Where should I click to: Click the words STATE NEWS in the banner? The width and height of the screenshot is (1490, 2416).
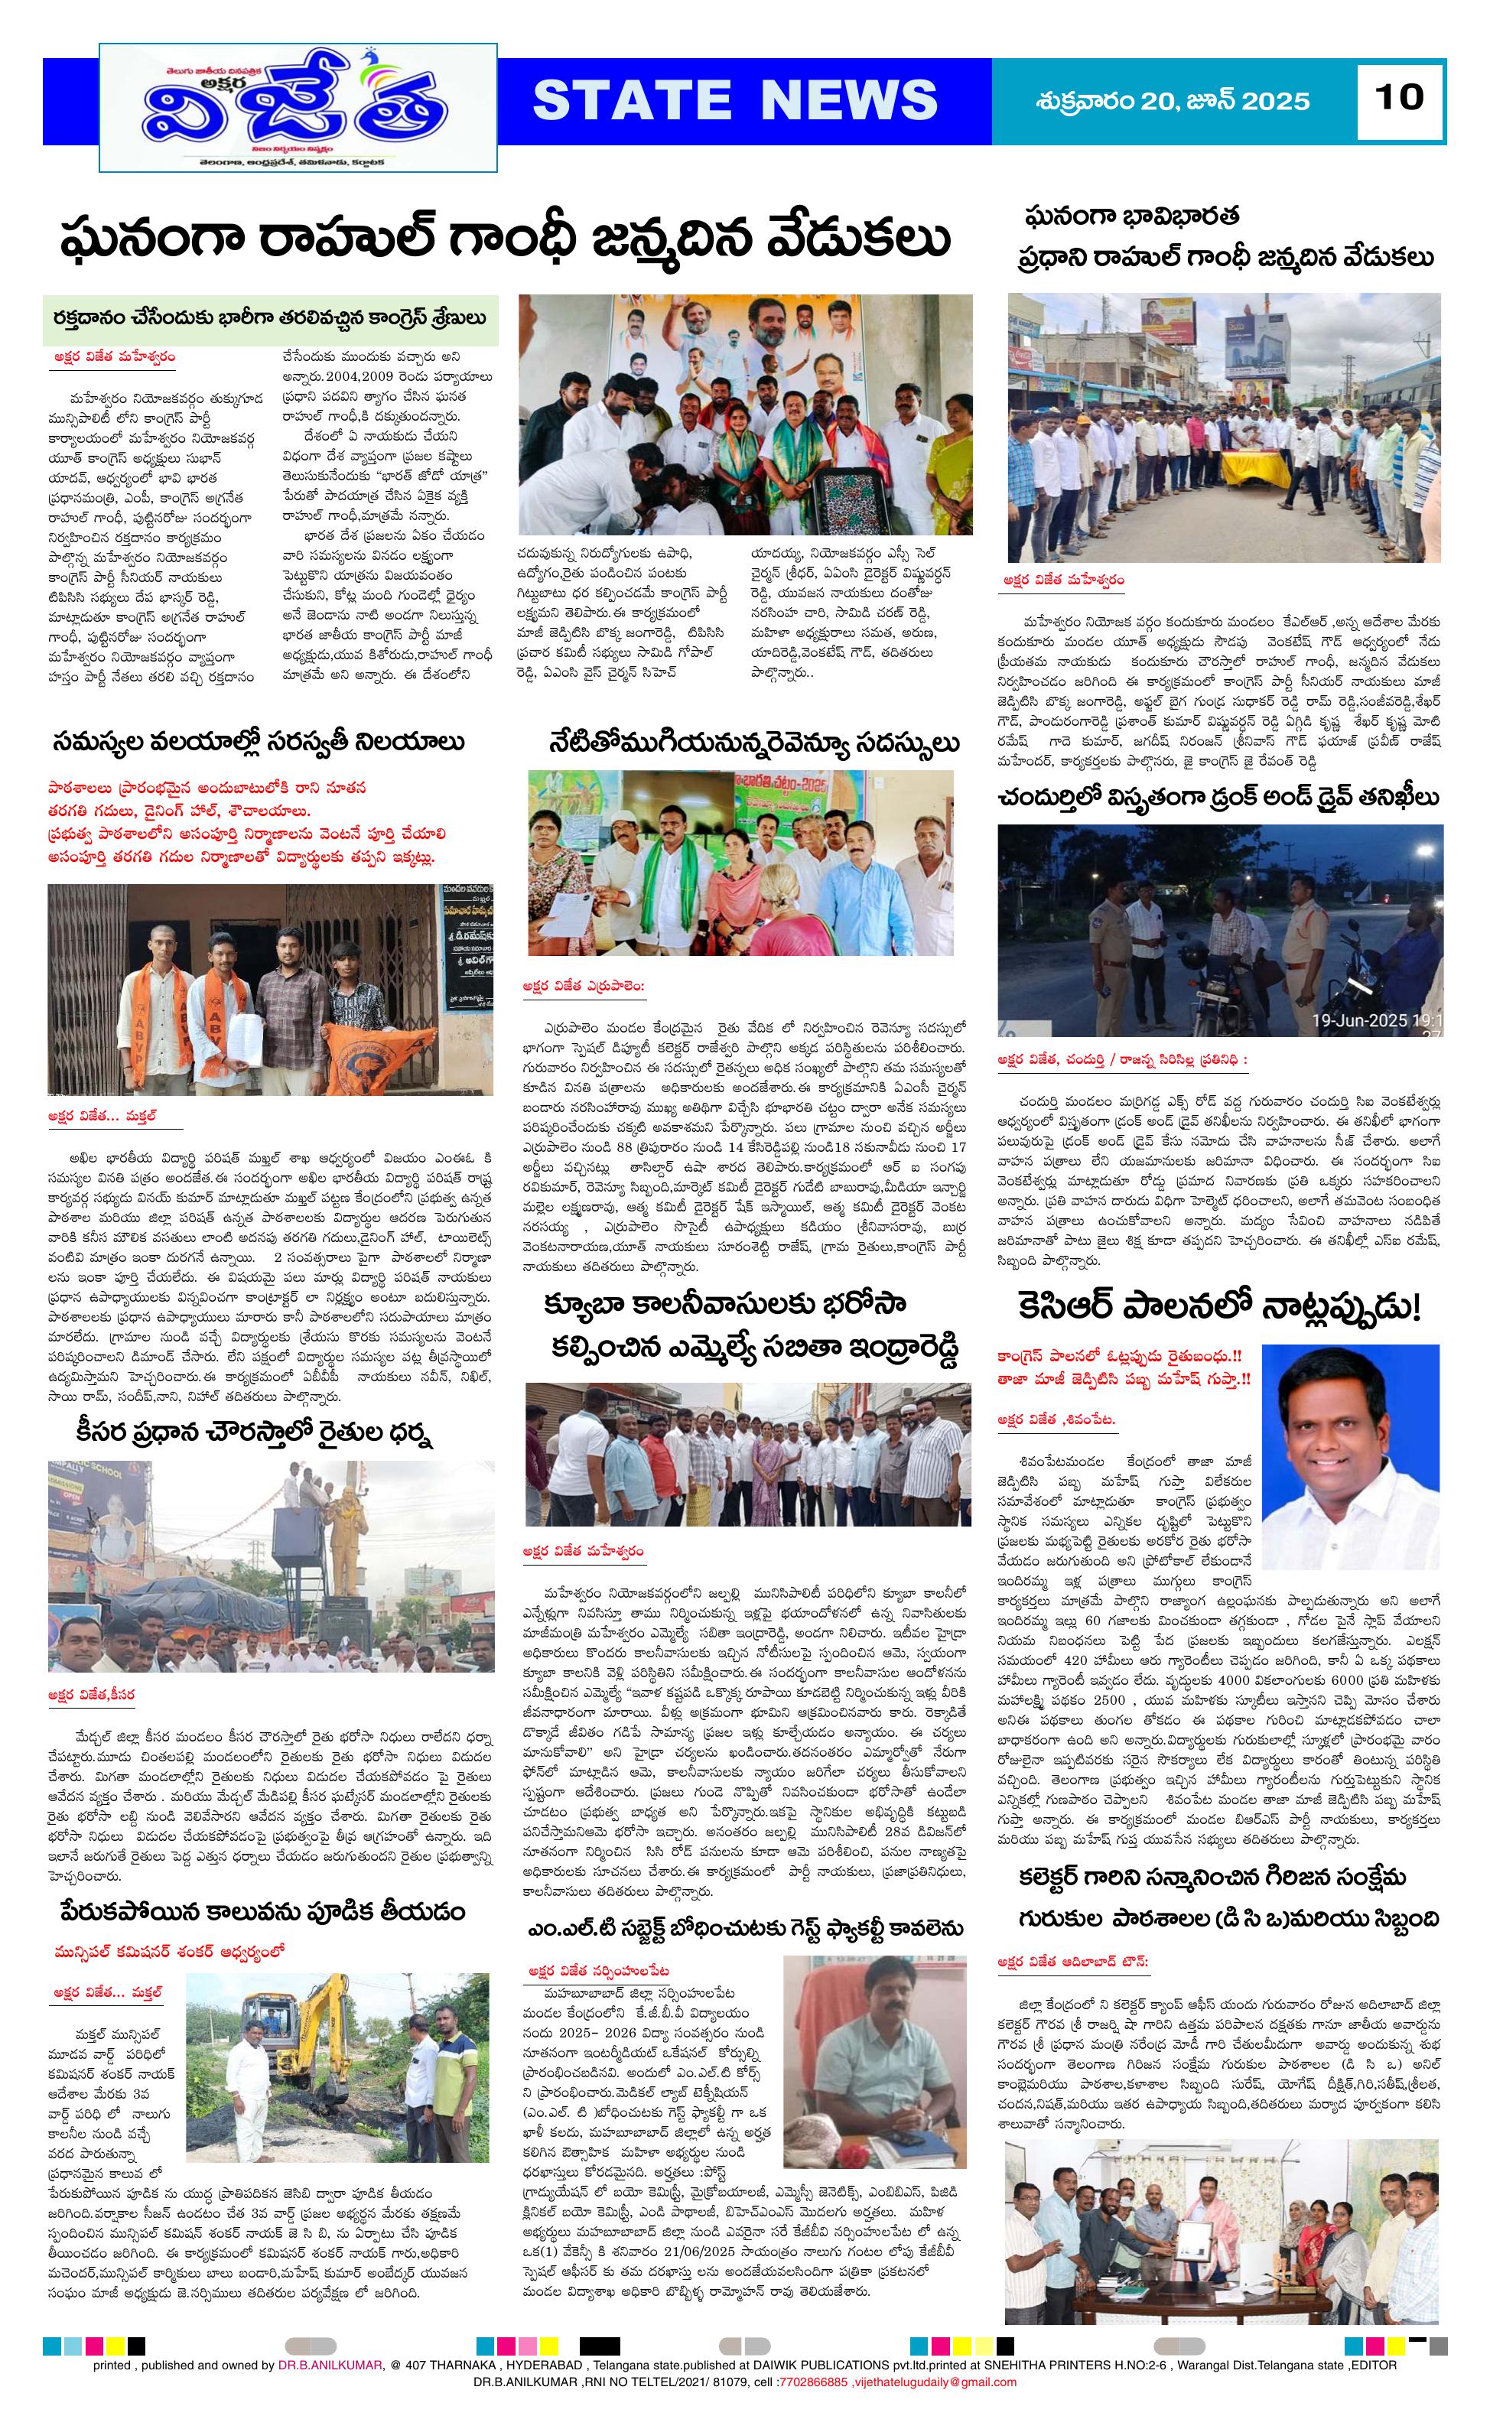pos(735,100)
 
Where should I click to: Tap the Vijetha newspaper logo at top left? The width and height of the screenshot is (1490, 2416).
pos(298,109)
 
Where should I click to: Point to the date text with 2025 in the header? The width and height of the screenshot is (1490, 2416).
pos(1173,100)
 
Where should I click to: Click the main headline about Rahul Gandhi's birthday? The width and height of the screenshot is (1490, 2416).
pos(505,239)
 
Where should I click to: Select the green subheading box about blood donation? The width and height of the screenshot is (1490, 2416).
pos(270,318)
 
